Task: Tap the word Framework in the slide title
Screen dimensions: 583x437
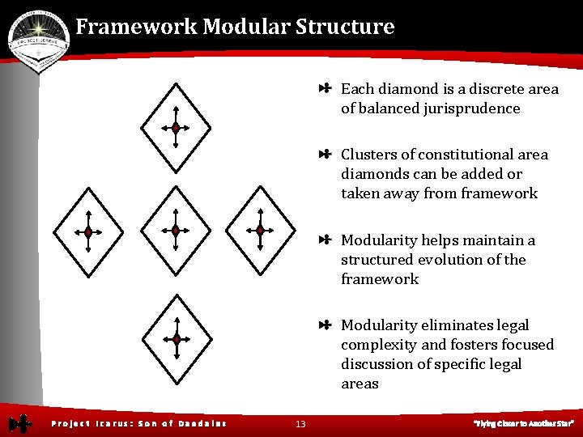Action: pyautogui.click(x=137, y=27)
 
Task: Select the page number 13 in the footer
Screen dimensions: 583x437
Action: pyautogui.click(x=300, y=423)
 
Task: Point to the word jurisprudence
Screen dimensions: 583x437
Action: pyautogui.click(x=471, y=108)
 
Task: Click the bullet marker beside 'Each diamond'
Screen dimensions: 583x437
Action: pyautogui.click(x=325, y=89)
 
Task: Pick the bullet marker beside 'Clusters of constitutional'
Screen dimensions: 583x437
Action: pyautogui.click(x=325, y=155)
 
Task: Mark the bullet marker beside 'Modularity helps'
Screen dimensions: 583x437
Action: pyautogui.click(x=325, y=240)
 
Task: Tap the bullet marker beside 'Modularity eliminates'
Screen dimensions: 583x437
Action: pyautogui.click(x=325, y=325)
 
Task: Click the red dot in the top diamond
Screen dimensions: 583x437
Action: pyautogui.click(x=175, y=128)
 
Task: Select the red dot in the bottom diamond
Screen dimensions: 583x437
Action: pyautogui.click(x=176, y=340)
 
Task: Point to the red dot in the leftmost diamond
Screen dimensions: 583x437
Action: pyautogui.click(x=88, y=232)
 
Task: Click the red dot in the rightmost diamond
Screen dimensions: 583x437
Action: pyautogui.click(x=260, y=231)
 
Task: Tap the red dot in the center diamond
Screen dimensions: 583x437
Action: pyautogui.click(x=175, y=231)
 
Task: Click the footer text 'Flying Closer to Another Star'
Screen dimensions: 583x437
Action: pyautogui.click(x=524, y=423)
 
